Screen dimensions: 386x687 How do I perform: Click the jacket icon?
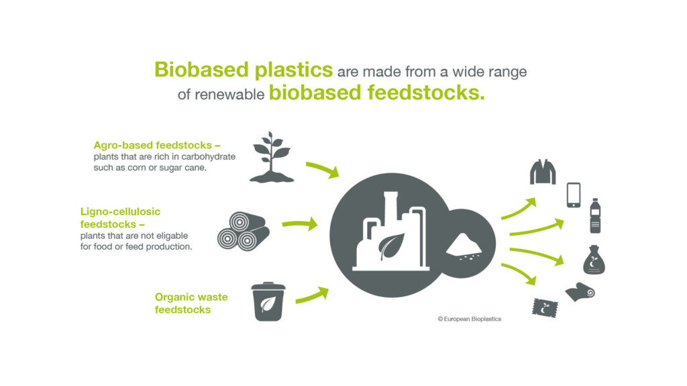click(x=543, y=172)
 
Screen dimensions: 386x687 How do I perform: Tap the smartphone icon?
click(x=574, y=195)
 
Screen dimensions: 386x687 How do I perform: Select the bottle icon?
click(x=594, y=215)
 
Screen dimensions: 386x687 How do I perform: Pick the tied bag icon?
click(x=594, y=260)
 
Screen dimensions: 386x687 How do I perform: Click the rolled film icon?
click(x=580, y=292)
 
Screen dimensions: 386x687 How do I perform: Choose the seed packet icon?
click(x=545, y=307)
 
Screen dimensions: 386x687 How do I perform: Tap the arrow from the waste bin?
click(x=311, y=295)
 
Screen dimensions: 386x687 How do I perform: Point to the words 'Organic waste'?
click(x=191, y=297)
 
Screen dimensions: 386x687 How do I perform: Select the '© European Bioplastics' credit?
click(x=469, y=319)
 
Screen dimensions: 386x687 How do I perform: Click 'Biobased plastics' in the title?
click(x=244, y=69)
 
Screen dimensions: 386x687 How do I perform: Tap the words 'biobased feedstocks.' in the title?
click(x=376, y=93)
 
